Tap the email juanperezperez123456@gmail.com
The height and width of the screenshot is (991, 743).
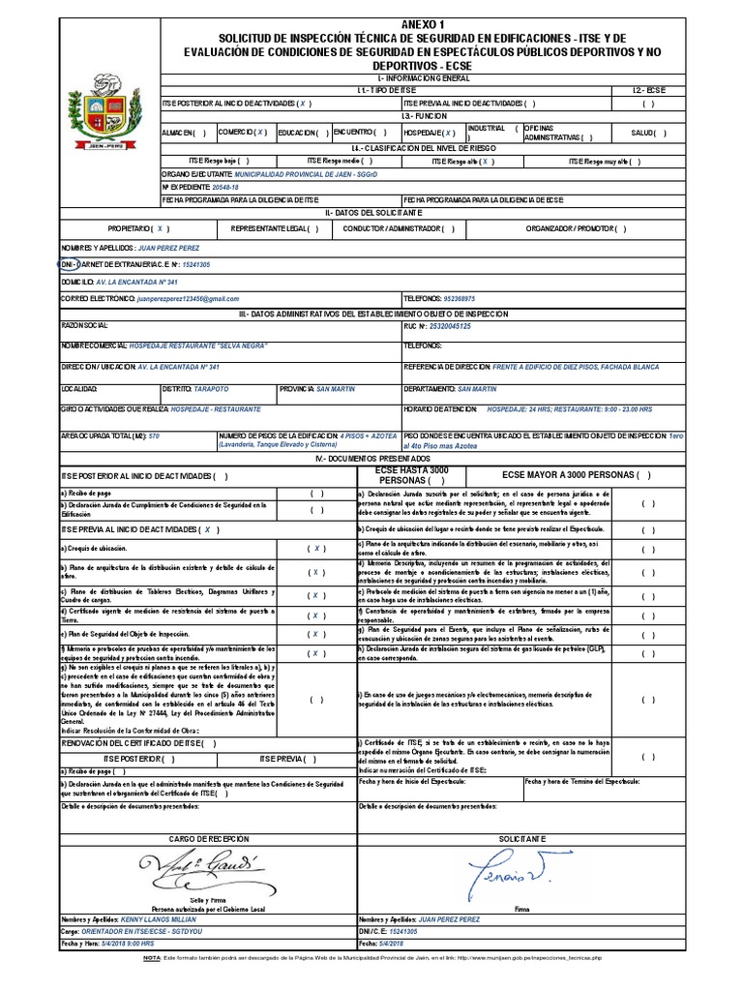(x=188, y=299)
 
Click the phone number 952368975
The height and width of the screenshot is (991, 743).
(x=468, y=299)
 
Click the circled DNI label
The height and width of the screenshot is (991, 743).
(x=67, y=264)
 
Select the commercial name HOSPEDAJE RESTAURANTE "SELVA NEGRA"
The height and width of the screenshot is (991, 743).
(x=192, y=345)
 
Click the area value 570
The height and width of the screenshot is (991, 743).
(x=154, y=436)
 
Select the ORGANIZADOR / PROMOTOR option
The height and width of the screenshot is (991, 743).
(x=576, y=229)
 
